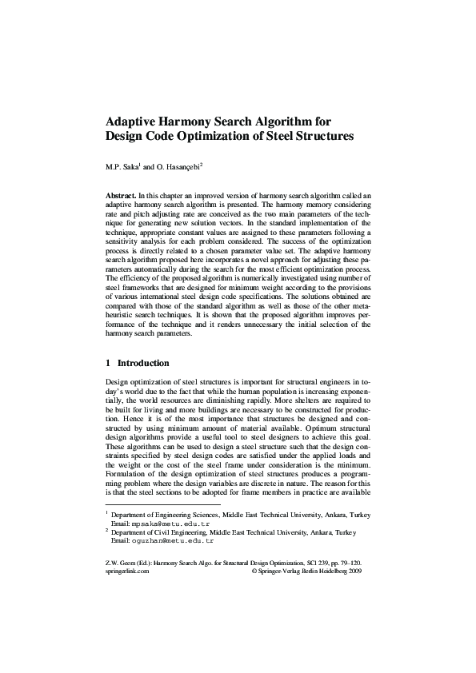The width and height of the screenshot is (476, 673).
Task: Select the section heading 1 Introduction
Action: click(x=138, y=362)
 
